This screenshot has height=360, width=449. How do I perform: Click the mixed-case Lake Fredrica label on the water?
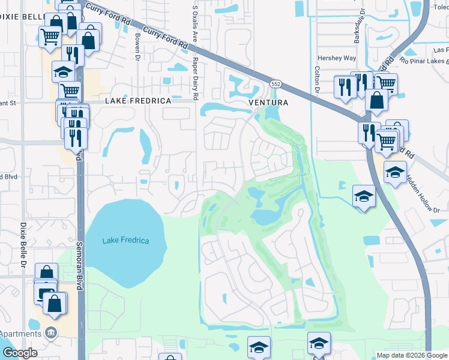coord(125,241)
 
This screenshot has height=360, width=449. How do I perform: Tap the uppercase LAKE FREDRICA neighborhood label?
coord(138,102)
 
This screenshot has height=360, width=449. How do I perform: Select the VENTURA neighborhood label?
coord(268,103)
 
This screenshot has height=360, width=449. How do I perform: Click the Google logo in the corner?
coord(20,353)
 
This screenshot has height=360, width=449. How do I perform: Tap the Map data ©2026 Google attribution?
coord(411,355)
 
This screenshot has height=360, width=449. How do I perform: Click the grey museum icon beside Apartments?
coord(51,332)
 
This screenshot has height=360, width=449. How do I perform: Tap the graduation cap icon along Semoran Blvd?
coord(62,73)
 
